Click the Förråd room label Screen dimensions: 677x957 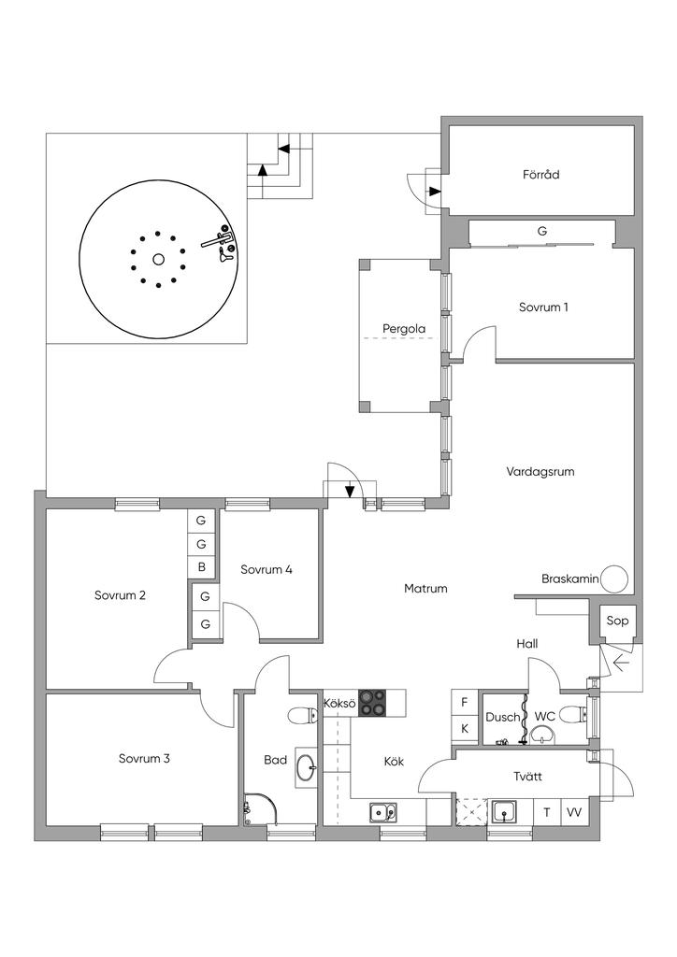click(540, 175)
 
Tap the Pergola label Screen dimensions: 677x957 click(404, 329)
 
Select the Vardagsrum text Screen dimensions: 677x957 click(540, 472)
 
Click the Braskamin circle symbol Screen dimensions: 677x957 click(613, 578)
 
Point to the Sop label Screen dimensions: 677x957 click(616, 621)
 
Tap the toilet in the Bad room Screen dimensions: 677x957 click(302, 715)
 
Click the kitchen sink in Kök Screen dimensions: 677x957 click(382, 812)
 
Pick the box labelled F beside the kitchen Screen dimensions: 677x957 click(464, 703)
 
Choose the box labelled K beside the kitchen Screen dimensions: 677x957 click(464, 729)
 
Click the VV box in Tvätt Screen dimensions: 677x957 click(574, 812)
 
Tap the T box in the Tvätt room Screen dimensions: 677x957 click(548, 812)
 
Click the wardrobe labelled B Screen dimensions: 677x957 click(201, 568)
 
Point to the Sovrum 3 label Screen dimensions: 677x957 click(144, 759)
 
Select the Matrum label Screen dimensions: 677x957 click(425, 589)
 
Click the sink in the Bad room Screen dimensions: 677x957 click(307, 764)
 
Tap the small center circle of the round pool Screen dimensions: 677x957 click(158, 260)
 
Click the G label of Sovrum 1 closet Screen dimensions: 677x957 click(541, 232)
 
